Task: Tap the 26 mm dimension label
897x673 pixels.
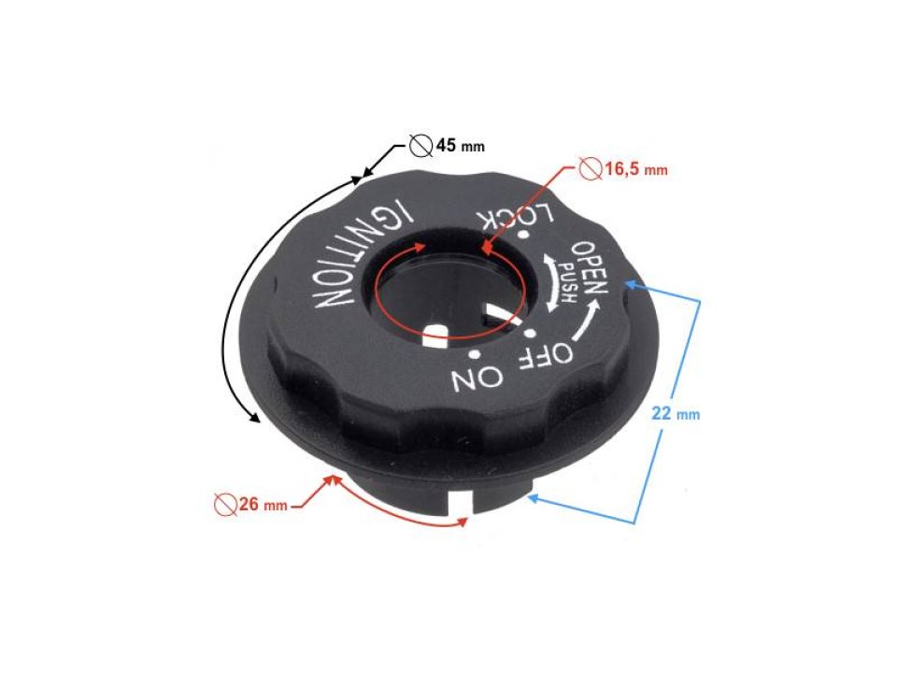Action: click(261, 506)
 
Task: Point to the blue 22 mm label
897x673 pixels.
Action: click(675, 413)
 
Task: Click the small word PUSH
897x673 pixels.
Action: click(568, 281)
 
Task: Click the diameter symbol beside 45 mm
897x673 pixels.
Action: click(420, 146)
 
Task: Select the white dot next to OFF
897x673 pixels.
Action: click(529, 333)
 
